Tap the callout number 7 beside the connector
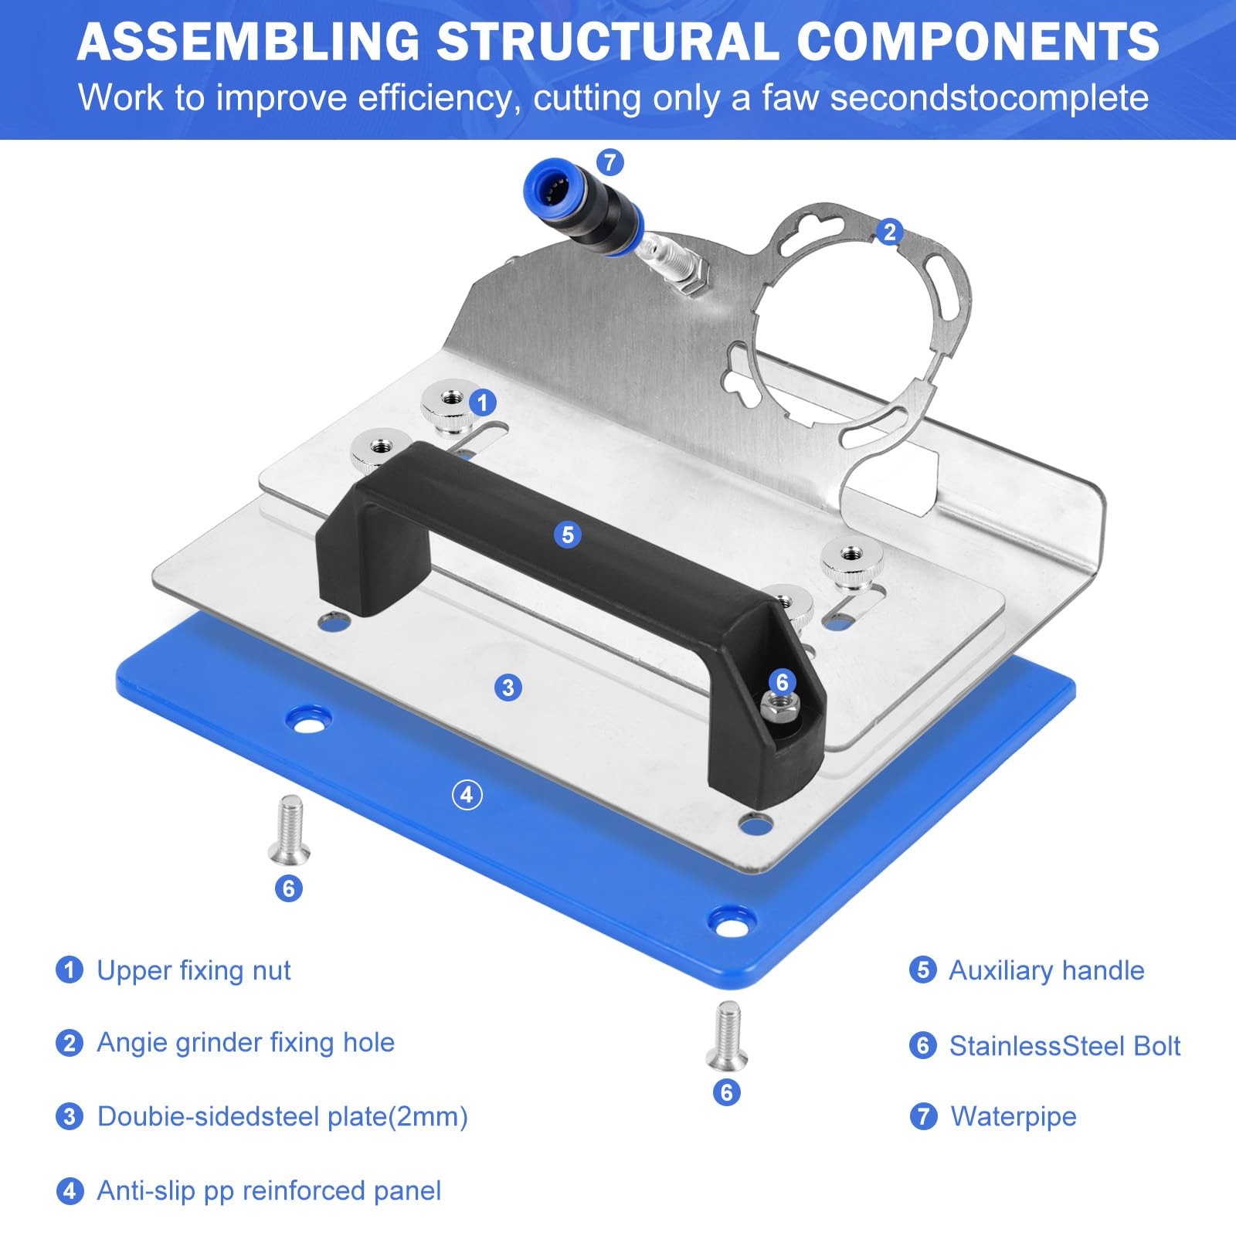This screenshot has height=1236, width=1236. pos(610,162)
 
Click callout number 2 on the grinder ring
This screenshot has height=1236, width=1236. pos(889,232)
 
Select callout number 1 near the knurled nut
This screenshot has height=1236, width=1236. pos(483,402)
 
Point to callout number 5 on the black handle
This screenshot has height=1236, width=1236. pos(568,535)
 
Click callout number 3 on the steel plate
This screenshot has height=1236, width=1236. pos(508,688)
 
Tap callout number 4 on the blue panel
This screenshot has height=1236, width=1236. pos(467,795)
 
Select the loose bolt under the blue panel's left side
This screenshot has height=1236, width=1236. pos(289,830)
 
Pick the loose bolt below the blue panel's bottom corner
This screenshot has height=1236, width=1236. pos(727,1035)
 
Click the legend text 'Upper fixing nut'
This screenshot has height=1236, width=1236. pos(194,970)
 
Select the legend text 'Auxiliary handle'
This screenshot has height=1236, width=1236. pos(1047,970)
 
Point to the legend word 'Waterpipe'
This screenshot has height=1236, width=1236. pos(1014,1116)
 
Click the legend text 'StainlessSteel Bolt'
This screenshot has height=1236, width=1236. pos(1065,1045)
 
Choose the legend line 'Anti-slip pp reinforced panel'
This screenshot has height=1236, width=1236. pos(269,1190)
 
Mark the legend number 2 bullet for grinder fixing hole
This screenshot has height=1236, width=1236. pos(70,1043)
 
